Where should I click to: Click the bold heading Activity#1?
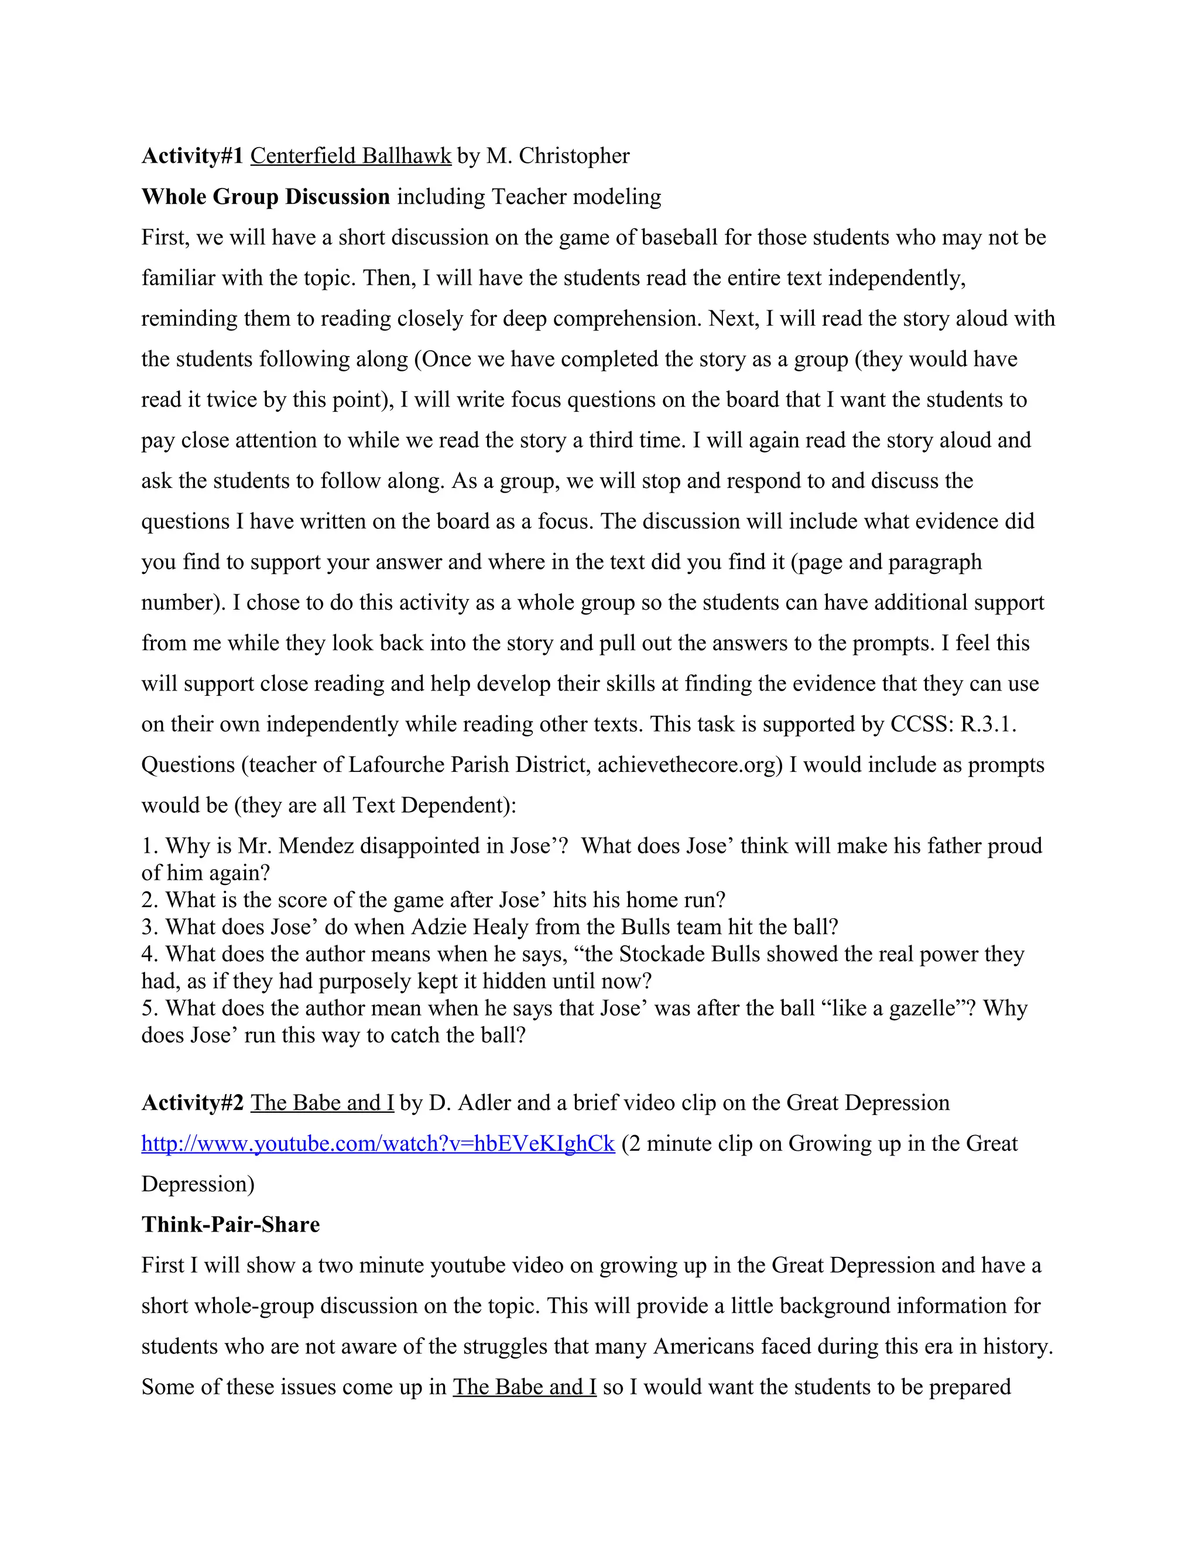click(192, 156)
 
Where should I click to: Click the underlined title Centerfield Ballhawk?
click(350, 156)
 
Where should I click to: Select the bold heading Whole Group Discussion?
click(266, 196)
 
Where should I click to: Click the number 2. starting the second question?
click(149, 900)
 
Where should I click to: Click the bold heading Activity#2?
click(192, 1103)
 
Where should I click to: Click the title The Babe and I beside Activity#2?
click(322, 1103)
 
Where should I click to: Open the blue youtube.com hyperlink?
click(377, 1143)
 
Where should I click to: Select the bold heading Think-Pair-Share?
click(230, 1225)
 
